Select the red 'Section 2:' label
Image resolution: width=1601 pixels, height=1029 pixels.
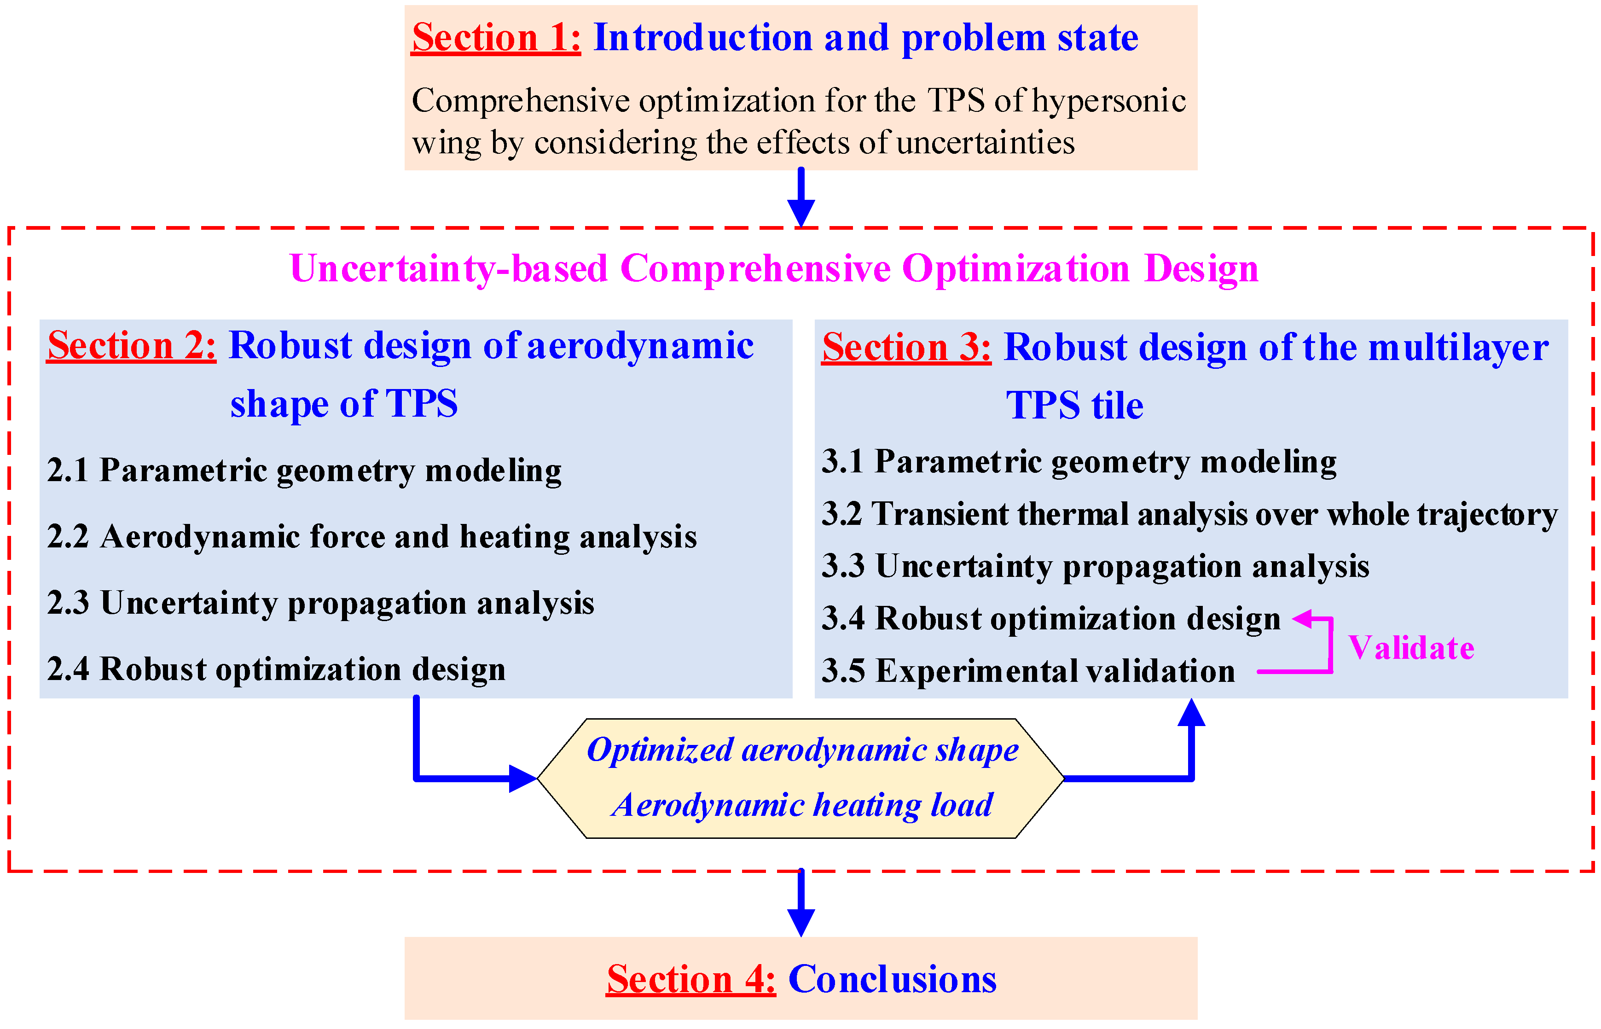pos(132,346)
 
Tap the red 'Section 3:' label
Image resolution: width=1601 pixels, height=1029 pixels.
pos(906,348)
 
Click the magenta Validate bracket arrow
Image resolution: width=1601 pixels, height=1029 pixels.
pos(1329,645)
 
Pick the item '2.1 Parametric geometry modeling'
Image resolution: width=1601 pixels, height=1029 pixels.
pos(304,471)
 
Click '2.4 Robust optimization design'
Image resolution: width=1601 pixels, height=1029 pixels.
pos(276,669)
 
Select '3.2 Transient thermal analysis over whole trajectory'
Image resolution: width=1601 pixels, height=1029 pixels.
pos(1189,515)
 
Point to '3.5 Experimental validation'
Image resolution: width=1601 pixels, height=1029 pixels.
pos(1028,671)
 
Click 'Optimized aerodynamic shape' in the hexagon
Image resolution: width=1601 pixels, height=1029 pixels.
pos(802,750)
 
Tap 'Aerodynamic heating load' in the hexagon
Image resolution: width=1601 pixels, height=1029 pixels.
pos(802,805)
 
